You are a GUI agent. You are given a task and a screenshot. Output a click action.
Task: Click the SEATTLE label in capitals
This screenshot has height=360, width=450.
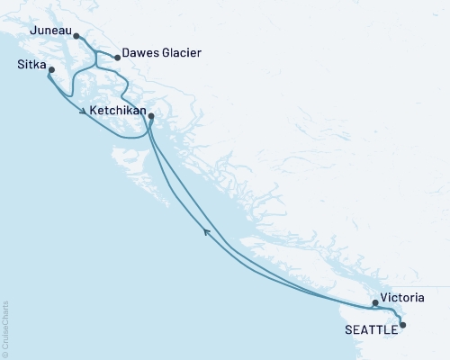pyautogui.click(x=370, y=330)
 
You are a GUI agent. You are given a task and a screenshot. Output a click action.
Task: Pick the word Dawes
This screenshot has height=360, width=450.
pyautogui.click(x=142, y=54)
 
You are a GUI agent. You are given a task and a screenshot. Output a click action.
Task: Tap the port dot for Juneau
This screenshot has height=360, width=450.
pyautogui.click(x=76, y=37)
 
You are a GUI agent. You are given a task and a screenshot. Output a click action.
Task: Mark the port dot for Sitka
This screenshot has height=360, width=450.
pyautogui.click(x=50, y=70)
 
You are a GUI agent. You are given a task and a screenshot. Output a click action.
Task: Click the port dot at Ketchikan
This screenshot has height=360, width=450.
pyautogui.click(x=150, y=116)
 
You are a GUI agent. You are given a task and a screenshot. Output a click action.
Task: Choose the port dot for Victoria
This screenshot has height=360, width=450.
pyautogui.click(x=375, y=303)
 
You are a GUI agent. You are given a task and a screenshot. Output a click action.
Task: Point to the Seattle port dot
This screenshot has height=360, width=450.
pyautogui.click(x=402, y=325)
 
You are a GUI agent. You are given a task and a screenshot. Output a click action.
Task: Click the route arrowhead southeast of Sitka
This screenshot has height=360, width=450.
pyautogui.click(x=84, y=112)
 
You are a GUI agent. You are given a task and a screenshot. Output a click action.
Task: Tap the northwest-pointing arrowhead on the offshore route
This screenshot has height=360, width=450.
pyautogui.click(x=207, y=232)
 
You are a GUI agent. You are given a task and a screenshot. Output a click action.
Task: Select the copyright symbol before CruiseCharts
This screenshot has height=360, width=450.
pyautogui.click(x=5, y=354)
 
